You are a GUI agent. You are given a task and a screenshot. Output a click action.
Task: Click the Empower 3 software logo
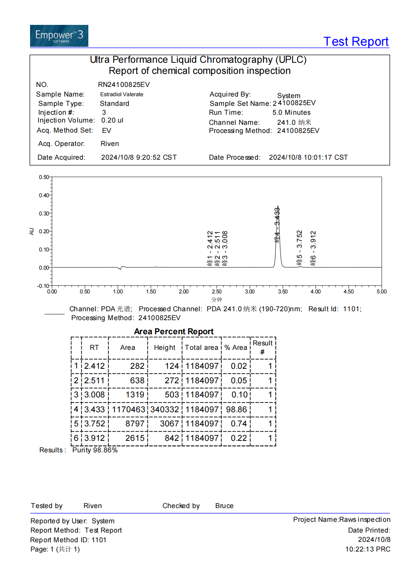[59, 36]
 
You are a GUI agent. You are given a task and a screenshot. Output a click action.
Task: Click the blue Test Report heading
[356, 42]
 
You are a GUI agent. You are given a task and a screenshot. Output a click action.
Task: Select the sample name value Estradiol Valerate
[121, 94]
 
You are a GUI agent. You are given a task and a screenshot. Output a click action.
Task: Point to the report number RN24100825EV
[124, 85]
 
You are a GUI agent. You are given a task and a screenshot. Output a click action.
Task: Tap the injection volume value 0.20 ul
[112, 120]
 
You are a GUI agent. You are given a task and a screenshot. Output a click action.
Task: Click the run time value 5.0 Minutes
[291, 113]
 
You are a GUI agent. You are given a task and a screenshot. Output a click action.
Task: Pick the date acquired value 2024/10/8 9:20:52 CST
[139, 157]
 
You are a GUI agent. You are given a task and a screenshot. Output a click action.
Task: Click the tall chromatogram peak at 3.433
[278, 238]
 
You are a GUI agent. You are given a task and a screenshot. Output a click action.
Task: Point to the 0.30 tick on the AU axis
[44, 214]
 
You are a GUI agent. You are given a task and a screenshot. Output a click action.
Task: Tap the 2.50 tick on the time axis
[217, 292]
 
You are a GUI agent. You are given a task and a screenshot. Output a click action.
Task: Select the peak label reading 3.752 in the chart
[300, 248]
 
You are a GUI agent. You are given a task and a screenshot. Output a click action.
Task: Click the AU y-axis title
[32, 231]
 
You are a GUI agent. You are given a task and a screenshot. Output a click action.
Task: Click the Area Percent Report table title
[174, 331]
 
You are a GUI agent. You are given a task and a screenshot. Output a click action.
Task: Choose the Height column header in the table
[164, 348]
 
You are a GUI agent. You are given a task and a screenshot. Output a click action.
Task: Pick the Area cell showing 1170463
[128, 409]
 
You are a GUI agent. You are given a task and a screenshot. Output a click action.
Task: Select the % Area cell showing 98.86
[236, 409]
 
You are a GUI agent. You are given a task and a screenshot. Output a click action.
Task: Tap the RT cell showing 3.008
[95, 395]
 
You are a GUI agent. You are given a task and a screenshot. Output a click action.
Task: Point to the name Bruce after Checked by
[224, 506]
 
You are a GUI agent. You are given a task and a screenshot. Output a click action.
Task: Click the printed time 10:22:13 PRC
[367, 549]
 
